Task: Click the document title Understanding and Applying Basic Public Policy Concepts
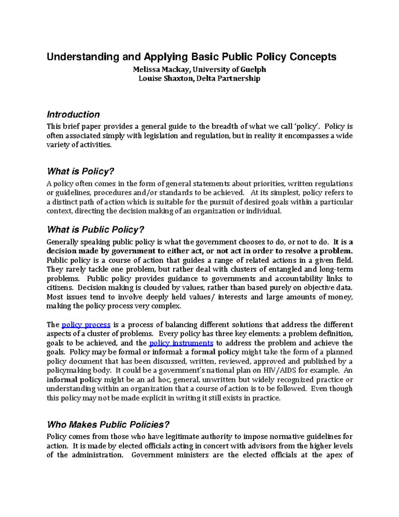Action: (x=191, y=57)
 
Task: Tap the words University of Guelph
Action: (x=229, y=70)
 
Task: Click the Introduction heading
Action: (x=73, y=115)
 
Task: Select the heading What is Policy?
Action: (x=80, y=171)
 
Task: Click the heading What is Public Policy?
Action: (x=95, y=230)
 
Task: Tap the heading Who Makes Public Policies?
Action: (x=108, y=424)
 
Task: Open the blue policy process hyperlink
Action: (x=86, y=325)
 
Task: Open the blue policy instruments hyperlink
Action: (x=181, y=343)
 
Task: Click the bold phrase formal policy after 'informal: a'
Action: (x=215, y=352)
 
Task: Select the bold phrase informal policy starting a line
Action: (x=74, y=380)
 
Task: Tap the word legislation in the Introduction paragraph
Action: (x=162, y=136)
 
